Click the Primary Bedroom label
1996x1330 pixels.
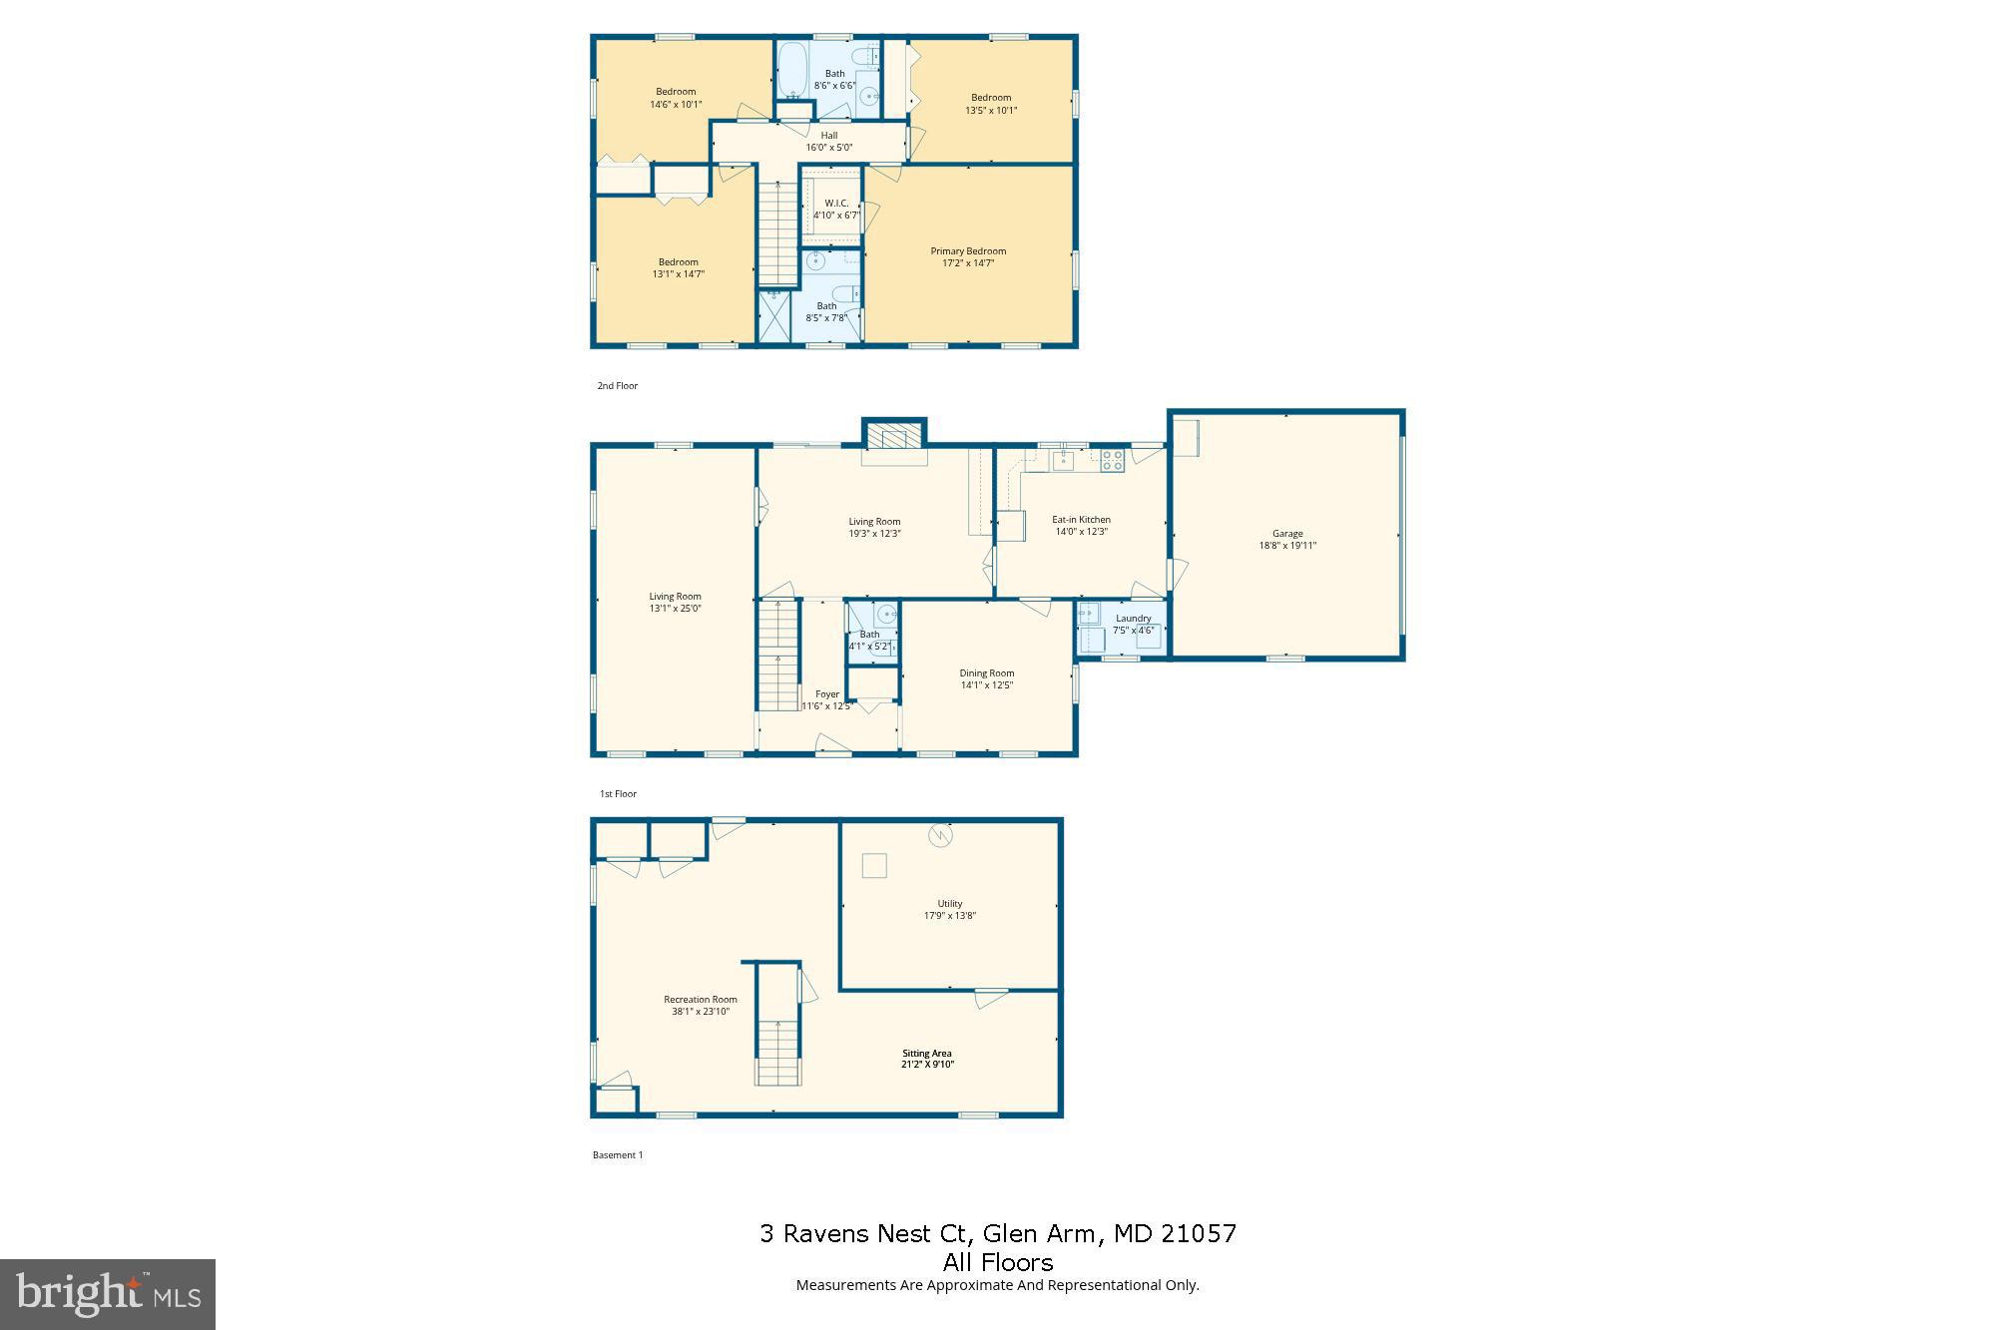[968, 251]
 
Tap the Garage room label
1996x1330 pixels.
[1287, 534]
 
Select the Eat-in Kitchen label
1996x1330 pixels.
[1081, 520]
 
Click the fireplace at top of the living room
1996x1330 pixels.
[894, 437]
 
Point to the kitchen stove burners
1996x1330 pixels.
[1112, 460]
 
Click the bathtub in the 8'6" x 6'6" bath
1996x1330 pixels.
[792, 71]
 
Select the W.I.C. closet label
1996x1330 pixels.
[836, 204]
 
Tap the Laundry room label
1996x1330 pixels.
[1133, 619]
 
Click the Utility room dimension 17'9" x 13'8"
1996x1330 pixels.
[949, 916]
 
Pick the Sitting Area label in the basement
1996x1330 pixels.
[927, 1054]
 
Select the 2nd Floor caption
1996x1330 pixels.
[617, 386]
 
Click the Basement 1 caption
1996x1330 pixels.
[618, 1155]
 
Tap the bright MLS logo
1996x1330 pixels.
[108, 1294]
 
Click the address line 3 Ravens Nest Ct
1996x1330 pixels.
[998, 1234]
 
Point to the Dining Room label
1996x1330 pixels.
[987, 673]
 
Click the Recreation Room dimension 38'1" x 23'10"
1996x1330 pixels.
[701, 1012]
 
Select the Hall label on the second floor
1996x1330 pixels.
[829, 136]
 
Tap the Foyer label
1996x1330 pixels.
[827, 694]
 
